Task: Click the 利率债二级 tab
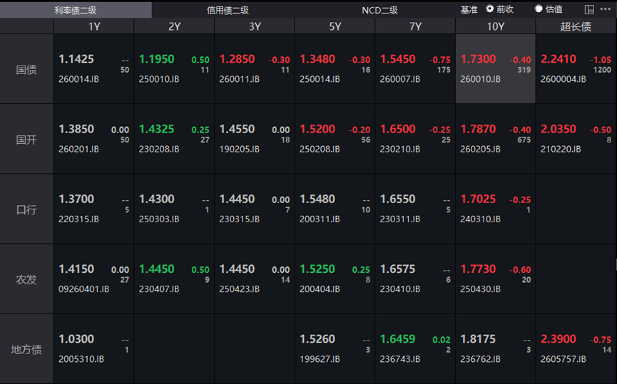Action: pyautogui.click(x=75, y=10)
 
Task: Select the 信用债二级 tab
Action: pyautogui.click(x=228, y=10)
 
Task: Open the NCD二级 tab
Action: pyautogui.click(x=379, y=10)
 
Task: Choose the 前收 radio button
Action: pyautogui.click(x=490, y=9)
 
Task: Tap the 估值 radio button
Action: pyautogui.click(x=539, y=9)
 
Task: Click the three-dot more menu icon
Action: pyautogui.click(x=606, y=9)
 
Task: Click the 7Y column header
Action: pyautogui.click(x=416, y=26)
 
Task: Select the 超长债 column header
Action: pyautogui.click(x=576, y=26)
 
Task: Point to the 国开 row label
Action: pyautogui.click(x=26, y=140)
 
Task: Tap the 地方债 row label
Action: pyautogui.click(x=26, y=349)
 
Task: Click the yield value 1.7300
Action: pyautogui.click(x=478, y=59)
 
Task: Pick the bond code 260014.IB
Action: pyautogui.click(x=78, y=79)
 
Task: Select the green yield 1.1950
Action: pyautogui.click(x=157, y=59)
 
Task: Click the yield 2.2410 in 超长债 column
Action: pyautogui.click(x=559, y=59)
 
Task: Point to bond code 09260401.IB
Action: pyautogui.click(x=84, y=289)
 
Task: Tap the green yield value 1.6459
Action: pyautogui.click(x=398, y=339)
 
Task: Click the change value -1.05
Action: pyautogui.click(x=601, y=60)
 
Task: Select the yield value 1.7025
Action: pyautogui.click(x=478, y=199)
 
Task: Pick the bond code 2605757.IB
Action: pyautogui.click(x=563, y=359)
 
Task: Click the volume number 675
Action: pyautogui.click(x=524, y=140)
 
